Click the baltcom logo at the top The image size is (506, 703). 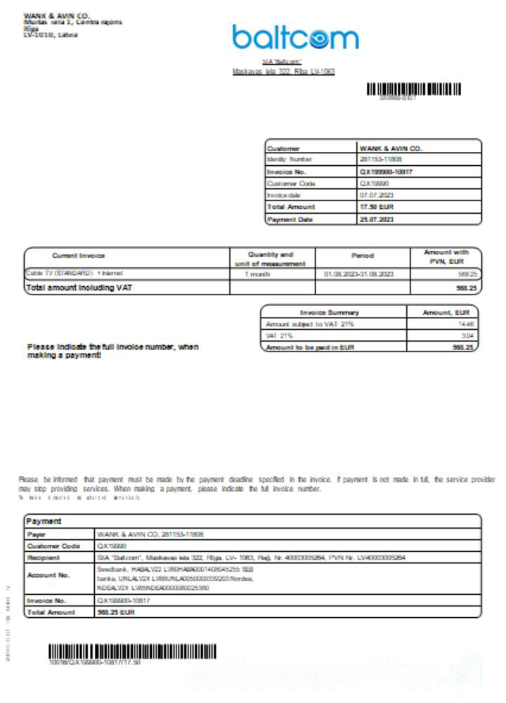[295, 38]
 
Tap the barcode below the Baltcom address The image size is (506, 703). [414, 89]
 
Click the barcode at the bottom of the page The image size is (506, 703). [132, 651]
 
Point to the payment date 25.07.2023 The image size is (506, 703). [377, 219]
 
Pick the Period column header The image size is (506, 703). [362, 256]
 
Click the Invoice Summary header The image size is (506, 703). [329, 312]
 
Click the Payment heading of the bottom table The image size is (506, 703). [44, 522]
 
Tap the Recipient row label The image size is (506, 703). [44, 557]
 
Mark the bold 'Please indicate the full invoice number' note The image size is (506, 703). [112, 351]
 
